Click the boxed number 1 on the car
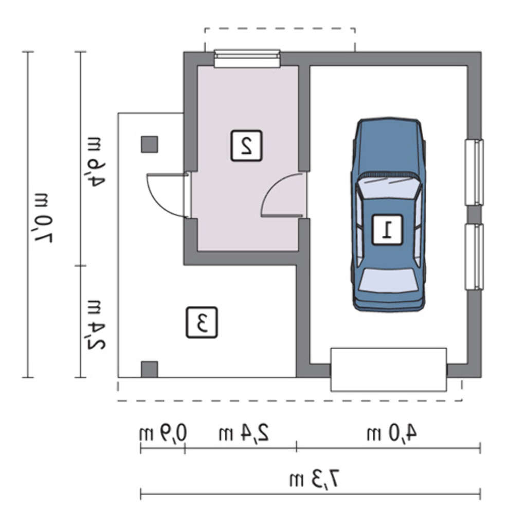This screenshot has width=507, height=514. [x=387, y=229]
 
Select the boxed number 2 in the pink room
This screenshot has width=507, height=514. [x=246, y=145]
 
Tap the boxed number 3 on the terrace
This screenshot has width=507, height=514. [x=202, y=322]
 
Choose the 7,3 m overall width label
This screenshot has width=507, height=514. [x=314, y=480]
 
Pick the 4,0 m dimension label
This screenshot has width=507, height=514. [x=391, y=432]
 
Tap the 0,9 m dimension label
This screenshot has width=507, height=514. [x=162, y=433]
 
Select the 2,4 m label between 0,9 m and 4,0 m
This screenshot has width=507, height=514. [x=244, y=432]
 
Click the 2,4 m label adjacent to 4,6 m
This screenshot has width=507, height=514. [x=95, y=324]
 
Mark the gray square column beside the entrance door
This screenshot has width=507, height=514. [x=150, y=144]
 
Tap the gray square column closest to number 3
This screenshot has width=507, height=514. [x=150, y=370]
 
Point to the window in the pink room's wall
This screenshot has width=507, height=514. [x=247, y=59]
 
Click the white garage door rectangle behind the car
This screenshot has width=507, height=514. [x=389, y=370]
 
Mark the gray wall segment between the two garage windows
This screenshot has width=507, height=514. [x=474, y=214]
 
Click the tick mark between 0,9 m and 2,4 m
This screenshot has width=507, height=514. [x=185, y=448]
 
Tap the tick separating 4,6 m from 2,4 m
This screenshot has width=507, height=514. [x=81, y=266]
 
